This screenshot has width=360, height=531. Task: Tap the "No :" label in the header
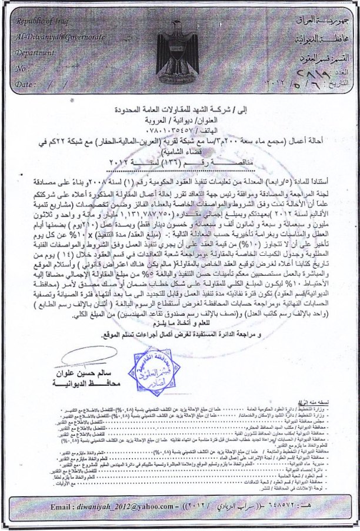[x=22, y=68]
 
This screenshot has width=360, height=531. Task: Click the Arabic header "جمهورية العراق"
[x=327, y=21]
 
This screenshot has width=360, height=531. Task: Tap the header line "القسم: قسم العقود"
[x=326, y=59]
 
